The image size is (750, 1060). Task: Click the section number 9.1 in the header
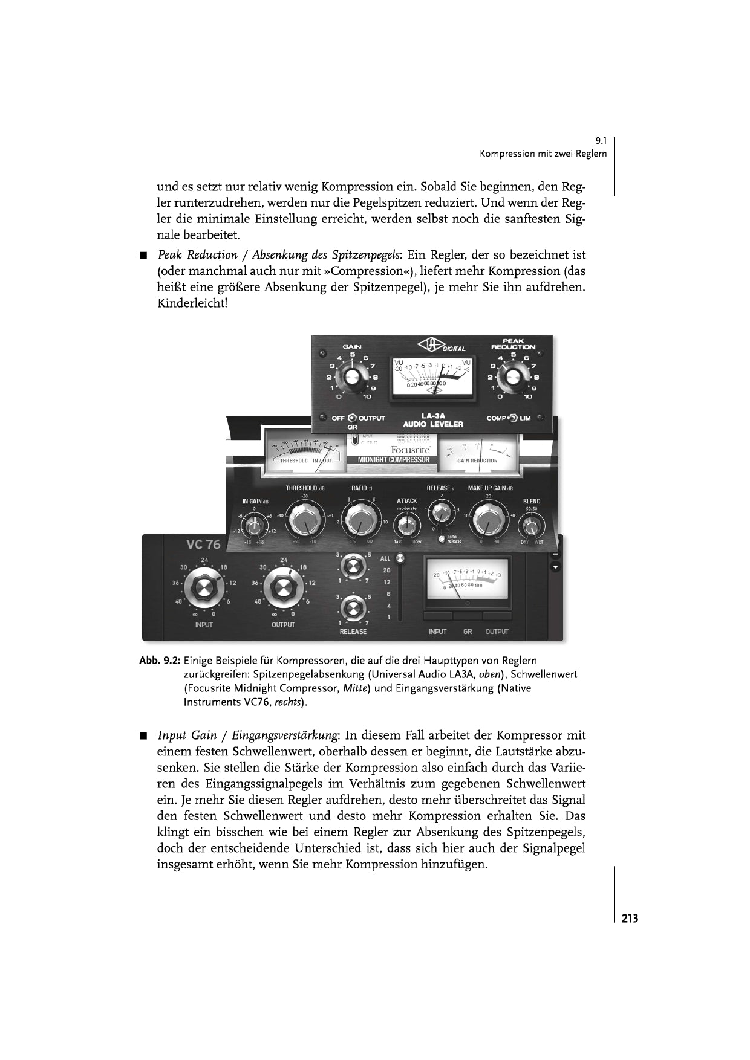coord(601,141)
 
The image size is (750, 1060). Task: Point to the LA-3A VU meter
coord(432,376)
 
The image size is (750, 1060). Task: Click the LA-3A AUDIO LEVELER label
coord(433,421)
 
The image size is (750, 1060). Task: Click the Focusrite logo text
coord(410,450)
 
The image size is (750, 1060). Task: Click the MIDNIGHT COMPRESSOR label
coord(394,460)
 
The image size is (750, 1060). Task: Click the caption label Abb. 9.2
coord(160,660)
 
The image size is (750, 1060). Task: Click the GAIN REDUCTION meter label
coord(477,461)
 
